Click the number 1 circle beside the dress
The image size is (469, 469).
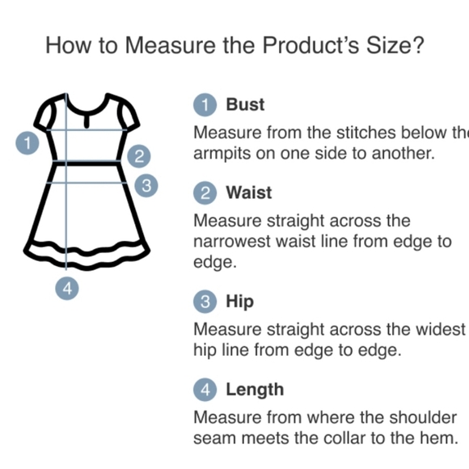click(x=27, y=143)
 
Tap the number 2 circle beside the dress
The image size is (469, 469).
click(x=139, y=156)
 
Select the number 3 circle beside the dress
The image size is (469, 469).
click(x=146, y=185)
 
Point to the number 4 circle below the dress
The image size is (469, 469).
click(x=67, y=289)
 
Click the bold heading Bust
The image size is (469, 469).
click(x=245, y=104)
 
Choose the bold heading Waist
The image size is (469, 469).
click(x=249, y=192)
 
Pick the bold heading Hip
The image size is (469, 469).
click(x=239, y=301)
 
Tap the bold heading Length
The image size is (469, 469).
click(x=255, y=390)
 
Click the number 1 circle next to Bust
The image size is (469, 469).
click(x=205, y=104)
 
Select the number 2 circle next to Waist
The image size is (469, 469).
click(x=205, y=193)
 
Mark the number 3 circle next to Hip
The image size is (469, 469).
click(x=205, y=302)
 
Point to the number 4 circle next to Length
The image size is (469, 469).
click(x=205, y=390)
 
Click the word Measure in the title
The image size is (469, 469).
click(x=170, y=45)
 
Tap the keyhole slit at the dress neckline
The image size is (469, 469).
click(x=87, y=120)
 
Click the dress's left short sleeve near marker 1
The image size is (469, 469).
click(x=44, y=112)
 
